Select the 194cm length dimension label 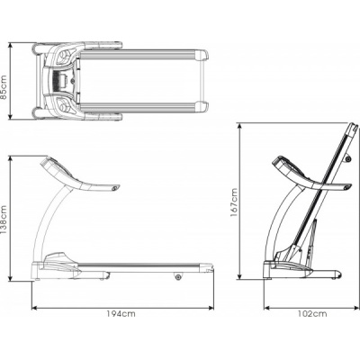click(121, 314)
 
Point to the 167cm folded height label click(234, 202)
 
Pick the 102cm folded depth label click(312, 314)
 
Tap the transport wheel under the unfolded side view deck click(178, 276)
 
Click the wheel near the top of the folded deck click(348, 158)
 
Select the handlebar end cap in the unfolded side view click(115, 188)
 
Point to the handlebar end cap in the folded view click(347, 187)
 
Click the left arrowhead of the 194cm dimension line click(34, 308)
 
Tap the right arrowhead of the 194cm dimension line click(211, 308)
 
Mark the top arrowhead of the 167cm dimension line click(239, 126)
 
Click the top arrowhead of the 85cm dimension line click(11, 45)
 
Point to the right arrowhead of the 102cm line click(356, 308)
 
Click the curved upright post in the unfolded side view click(51, 222)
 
